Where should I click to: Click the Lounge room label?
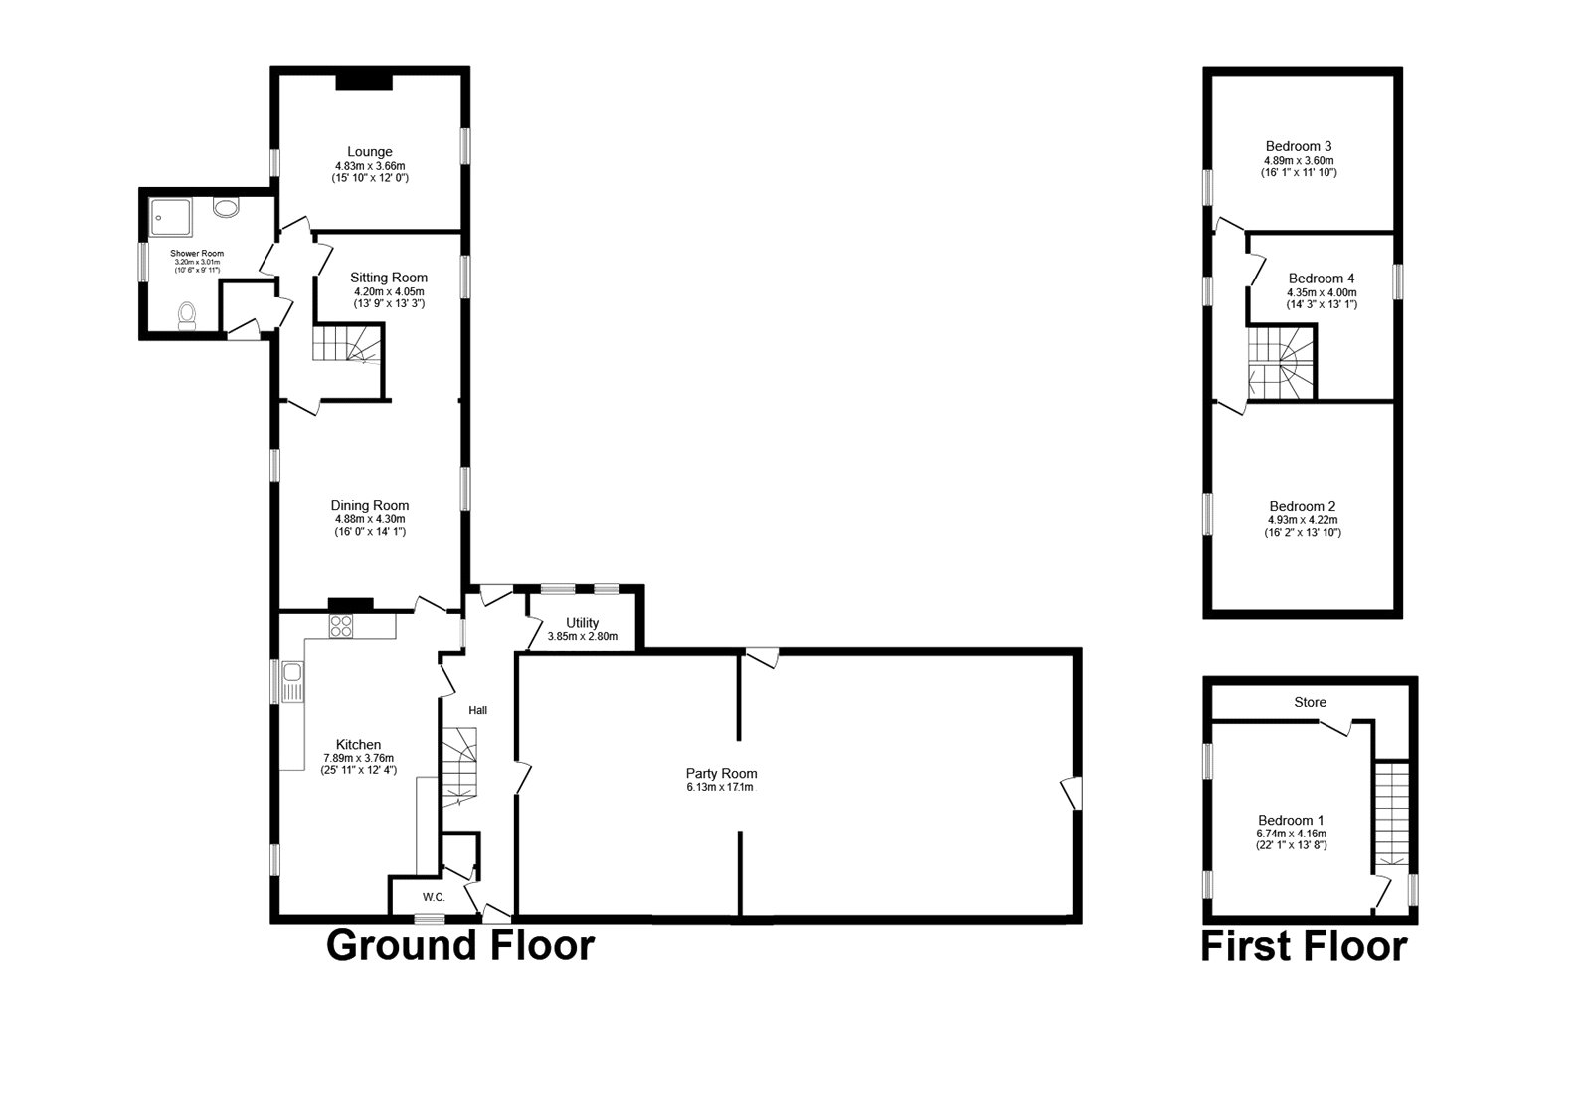click(370, 152)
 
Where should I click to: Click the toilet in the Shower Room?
click(187, 316)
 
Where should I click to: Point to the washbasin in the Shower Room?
click(226, 208)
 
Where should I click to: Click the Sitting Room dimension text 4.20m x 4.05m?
click(389, 291)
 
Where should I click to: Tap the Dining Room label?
click(370, 505)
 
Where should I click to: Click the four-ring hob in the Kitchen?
click(341, 626)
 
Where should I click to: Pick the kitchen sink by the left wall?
click(291, 681)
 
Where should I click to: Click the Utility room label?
click(582, 623)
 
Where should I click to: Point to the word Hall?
click(478, 710)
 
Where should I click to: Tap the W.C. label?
click(433, 897)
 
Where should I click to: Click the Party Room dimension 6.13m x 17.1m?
click(721, 787)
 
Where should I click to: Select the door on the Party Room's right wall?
click(1072, 794)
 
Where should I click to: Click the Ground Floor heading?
click(460, 945)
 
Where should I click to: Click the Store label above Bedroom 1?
click(1310, 702)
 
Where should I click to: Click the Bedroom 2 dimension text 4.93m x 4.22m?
click(1302, 519)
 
